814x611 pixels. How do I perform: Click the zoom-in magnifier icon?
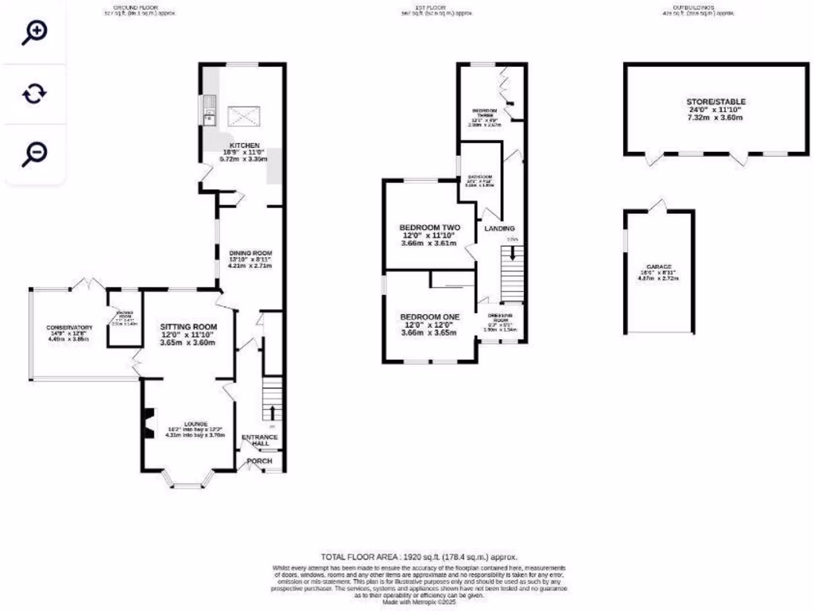[34, 33]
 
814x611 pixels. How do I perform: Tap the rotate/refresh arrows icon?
[34, 94]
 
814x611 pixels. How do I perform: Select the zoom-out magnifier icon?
[34, 154]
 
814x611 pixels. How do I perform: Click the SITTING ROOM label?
[188, 326]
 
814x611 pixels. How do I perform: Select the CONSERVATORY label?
[69, 328]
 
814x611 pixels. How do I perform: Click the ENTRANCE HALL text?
[260, 441]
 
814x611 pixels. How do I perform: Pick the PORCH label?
[260, 461]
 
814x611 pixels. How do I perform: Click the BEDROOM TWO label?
[430, 228]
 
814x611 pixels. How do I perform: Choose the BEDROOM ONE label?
[430, 316]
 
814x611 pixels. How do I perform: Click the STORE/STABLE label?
[715, 102]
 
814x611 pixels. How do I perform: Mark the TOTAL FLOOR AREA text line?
[419, 557]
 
